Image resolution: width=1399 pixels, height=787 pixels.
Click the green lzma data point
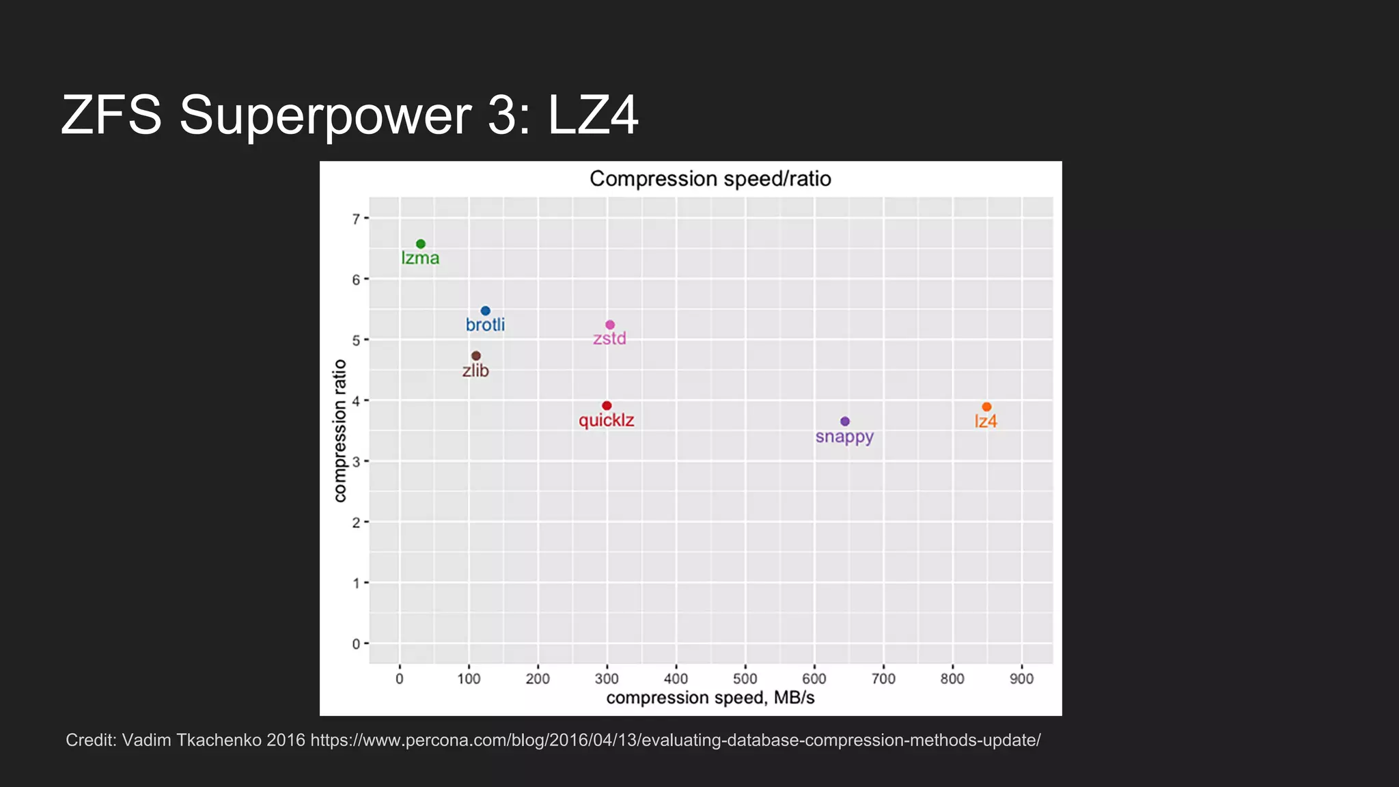pos(421,244)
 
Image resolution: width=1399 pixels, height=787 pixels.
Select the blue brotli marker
pos(486,311)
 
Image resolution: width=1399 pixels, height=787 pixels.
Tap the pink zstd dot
pos(610,325)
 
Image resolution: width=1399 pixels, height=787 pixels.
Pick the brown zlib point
pos(476,356)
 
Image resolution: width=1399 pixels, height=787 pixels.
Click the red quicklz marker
pos(607,406)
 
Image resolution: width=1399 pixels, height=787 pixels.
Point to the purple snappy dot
pos(845,422)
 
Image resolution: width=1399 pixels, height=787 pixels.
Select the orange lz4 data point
pos(986,407)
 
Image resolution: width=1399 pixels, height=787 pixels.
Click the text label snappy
pos(844,437)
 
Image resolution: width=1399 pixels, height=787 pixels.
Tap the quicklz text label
pos(607,420)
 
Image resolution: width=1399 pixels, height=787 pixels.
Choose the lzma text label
pos(420,258)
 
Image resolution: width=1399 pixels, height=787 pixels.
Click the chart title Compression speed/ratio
pos(710,179)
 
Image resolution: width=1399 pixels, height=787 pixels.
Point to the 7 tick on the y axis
pos(356,219)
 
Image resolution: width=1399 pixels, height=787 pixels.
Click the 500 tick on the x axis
pos(745,679)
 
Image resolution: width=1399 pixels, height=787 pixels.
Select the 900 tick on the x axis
pos(1022,679)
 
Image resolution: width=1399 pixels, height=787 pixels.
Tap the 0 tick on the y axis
pos(356,644)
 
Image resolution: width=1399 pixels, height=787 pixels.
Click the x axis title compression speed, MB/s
pos(710,698)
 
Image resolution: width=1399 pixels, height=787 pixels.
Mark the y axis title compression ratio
pos(340,431)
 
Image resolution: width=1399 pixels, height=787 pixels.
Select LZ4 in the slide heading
pos(593,115)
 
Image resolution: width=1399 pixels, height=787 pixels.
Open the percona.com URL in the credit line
pos(675,741)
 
